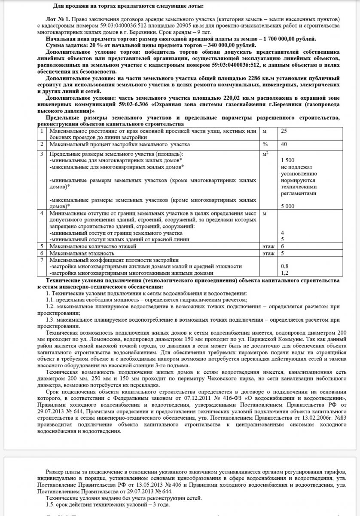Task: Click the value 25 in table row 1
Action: (284, 131)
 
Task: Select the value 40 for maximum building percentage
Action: (284, 144)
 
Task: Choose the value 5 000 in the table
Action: (288, 206)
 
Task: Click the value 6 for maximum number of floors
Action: (282, 246)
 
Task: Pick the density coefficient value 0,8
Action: (284, 267)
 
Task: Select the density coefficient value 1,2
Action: (284, 273)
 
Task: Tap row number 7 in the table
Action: (42, 260)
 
